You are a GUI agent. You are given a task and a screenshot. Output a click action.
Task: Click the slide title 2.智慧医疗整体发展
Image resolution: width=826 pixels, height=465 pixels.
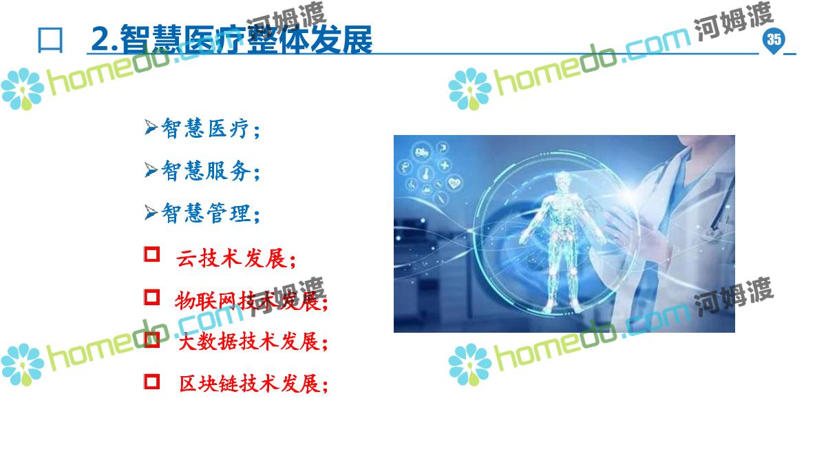[231, 39]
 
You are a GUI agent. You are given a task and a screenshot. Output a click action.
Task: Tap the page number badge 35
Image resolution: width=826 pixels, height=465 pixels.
[774, 40]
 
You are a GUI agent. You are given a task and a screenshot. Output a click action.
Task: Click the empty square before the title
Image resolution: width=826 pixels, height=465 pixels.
[50, 40]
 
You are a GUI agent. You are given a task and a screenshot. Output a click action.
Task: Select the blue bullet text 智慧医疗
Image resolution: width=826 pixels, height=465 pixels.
[211, 128]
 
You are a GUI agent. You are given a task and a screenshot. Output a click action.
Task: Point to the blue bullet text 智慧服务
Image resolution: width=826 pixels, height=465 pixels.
[211, 171]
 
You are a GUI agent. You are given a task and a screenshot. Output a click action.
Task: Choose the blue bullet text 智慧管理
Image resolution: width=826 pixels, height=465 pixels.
[211, 213]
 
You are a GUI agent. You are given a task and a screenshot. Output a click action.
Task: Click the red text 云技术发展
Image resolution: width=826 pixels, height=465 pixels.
[236, 258]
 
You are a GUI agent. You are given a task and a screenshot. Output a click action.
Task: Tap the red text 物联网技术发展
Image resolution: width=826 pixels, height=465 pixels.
[251, 300]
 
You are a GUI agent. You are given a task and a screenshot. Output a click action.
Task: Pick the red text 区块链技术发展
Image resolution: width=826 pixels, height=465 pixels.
[253, 384]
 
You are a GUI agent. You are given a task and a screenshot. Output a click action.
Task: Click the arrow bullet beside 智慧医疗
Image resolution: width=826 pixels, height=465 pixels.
[151, 127]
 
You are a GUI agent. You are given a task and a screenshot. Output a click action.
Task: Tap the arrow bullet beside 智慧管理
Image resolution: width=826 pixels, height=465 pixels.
[151, 212]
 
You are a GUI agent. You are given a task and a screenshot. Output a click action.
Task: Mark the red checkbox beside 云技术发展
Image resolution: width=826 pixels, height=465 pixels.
[151, 254]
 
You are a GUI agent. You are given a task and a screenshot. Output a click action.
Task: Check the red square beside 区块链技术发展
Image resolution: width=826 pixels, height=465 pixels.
[151, 382]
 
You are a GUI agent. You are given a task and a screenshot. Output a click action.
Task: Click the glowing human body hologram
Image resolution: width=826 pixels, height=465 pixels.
[563, 240]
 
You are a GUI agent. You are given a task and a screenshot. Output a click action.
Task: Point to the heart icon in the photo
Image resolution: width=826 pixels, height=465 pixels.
[454, 183]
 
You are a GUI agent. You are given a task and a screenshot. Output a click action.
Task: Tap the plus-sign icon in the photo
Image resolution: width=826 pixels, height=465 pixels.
[445, 165]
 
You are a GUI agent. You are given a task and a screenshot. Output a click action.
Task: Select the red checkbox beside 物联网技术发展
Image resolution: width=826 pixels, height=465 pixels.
[151, 297]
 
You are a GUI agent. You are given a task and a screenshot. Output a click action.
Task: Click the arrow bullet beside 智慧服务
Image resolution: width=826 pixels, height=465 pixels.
[151, 169]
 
